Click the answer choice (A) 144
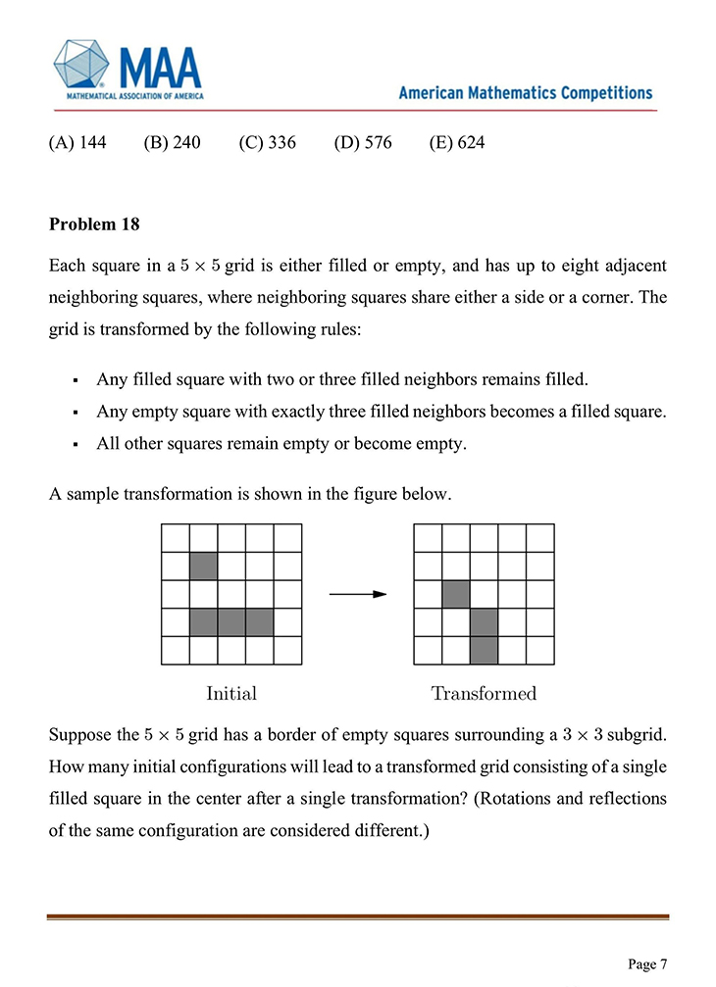[77, 143]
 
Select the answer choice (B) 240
[172, 143]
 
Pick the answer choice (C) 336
[267, 143]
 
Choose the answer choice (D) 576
[362, 143]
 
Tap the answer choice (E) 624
[457, 143]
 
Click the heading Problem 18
[94, 224]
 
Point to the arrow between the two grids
[357, 594]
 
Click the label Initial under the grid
[231, 694]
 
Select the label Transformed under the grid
[485, 694]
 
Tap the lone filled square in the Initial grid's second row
[203, 566]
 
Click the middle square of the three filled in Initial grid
[231, 621]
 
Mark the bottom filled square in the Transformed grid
[485, 649]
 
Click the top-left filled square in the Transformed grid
[457, 594]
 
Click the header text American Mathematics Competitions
[525, 93]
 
